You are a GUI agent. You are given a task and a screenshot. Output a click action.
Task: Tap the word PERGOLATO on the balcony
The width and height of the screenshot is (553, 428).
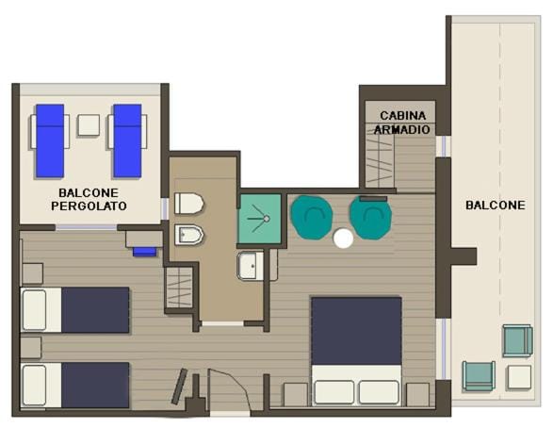(x=89, y=206)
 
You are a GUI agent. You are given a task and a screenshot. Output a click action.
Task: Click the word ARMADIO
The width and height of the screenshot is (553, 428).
(x=401, y=129)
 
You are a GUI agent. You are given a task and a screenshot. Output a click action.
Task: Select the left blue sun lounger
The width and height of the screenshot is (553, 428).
(x=50, y=140)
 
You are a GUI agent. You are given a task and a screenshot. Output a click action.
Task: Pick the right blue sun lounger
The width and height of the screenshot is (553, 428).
(x=127, y=140)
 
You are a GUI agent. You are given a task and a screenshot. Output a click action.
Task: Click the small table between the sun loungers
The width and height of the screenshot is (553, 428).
(x=89, y=124)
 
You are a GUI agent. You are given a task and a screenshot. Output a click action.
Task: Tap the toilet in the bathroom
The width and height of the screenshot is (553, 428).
(x=189, y=204)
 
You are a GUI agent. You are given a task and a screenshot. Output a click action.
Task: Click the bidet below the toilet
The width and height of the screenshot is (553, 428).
(x=189, y=235)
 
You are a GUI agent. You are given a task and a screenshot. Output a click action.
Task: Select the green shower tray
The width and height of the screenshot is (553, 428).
(x=260, y=219)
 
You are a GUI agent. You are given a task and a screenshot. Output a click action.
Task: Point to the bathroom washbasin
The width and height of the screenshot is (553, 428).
(x=251, y=266)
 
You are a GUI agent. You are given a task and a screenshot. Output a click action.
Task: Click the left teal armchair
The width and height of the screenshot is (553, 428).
(x=312, y=218)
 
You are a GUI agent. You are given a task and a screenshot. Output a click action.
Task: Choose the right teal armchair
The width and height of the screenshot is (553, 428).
(x=370, y=218)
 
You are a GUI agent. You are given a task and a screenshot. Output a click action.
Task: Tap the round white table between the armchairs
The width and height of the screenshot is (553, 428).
(x=343, y=239)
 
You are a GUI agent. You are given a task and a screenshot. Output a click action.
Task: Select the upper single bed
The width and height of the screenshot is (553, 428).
(x=75, y=310)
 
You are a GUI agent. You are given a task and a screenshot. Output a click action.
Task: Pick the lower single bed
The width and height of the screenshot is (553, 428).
(x=75, y=386)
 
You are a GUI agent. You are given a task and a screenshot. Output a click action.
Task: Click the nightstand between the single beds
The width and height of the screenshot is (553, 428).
(x=31, y=348)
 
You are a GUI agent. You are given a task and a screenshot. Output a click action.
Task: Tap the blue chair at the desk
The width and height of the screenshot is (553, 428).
(x=144, y=252)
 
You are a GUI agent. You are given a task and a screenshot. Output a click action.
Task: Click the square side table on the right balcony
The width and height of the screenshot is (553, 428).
(x=519, y=377)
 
